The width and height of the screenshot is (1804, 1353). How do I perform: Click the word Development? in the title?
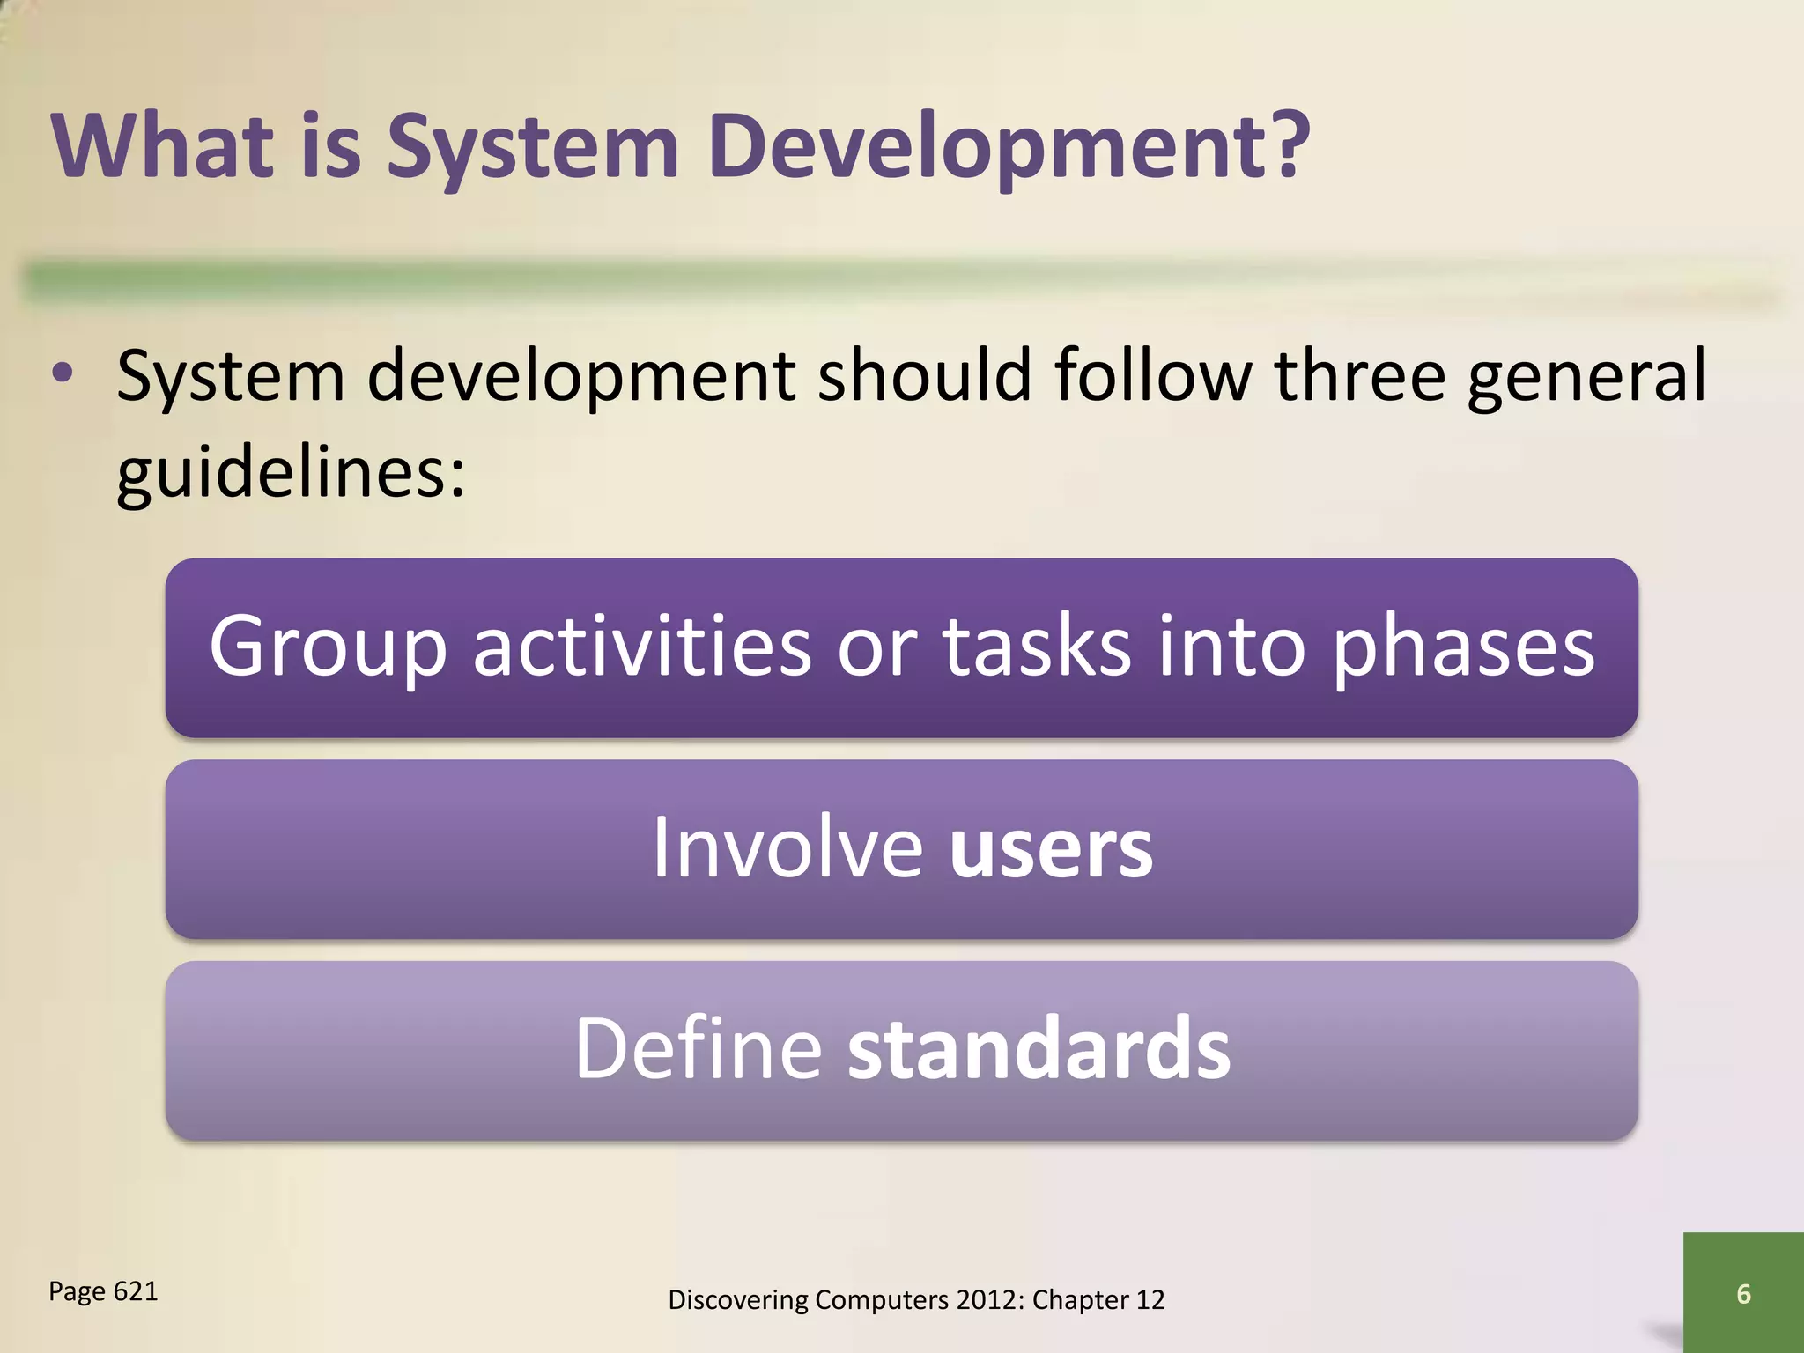(1009, 147)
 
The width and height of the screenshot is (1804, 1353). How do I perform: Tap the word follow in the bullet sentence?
(1153, 375)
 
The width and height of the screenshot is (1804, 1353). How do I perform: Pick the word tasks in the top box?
(1036, 647)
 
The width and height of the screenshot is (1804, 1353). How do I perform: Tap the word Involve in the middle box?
(787, 848)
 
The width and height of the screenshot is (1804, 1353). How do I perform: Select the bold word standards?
(1039, 1048)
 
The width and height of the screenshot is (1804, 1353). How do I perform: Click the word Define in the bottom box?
(698, 1048)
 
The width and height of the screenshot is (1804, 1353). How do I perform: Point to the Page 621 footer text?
(103, 1291)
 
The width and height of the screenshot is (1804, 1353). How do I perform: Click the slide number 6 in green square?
(1742, 1293)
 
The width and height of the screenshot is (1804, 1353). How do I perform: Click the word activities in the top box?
(641, 647)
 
